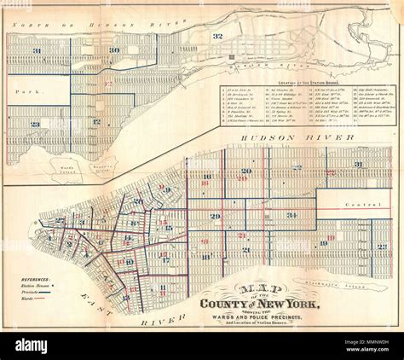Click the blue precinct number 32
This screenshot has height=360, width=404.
pyautogui.click(x=217, y=36)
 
